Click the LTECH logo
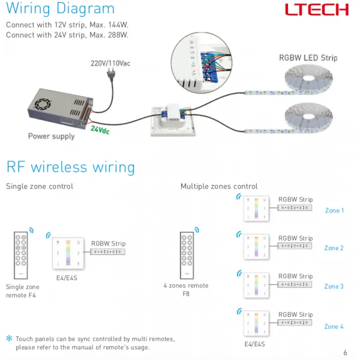coord(316,10)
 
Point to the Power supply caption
coord(52,136)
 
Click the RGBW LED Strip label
coord(308,58)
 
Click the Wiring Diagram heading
coord(60,9)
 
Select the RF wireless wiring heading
coord(70,166)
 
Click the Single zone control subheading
coord(40,187)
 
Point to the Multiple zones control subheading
coord(219,187)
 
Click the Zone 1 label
coord(334,211)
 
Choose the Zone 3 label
coord(334,286)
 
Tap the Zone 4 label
coord(334,326)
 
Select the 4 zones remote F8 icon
coord(189,254)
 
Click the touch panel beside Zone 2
coord(256,247)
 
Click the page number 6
coord(345,352)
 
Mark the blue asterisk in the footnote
coord(9,339)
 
